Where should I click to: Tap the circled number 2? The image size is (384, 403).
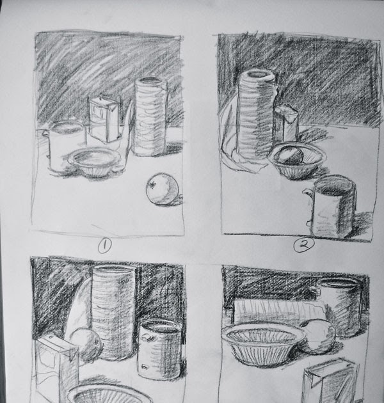[x=301, y=244]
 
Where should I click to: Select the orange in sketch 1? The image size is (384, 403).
[x=161, y=190]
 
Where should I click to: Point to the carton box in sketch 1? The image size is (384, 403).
[x=105, y=120]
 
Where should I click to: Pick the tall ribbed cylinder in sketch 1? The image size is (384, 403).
[x=150, y=116]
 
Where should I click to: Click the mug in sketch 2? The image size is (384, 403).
[x=333, y=206]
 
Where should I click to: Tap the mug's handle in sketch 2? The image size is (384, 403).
[x=308, y=205]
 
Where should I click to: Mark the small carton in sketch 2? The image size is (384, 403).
[x=287, y=125]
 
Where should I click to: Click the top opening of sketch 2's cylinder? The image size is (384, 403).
[x=257, y=77]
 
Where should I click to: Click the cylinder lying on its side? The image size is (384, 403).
[x=269, y=312]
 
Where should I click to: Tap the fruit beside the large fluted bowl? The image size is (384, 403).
[x=317, y=336]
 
